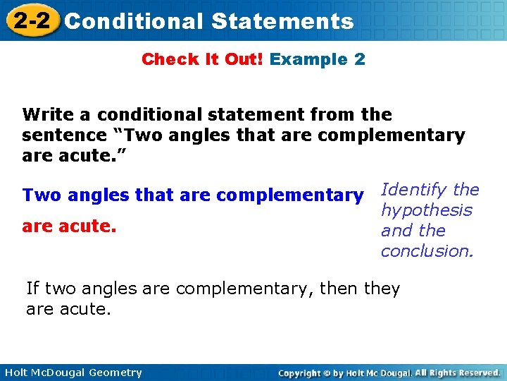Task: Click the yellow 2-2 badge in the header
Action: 30,20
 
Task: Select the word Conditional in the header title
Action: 133,21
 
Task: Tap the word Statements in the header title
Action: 282,21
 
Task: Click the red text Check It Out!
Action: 202,59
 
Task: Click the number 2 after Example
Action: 360,59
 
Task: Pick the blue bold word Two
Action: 37,195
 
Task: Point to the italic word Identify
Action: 413,190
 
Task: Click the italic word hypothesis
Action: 426,210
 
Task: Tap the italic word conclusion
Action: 426,251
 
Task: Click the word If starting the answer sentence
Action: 32,289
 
